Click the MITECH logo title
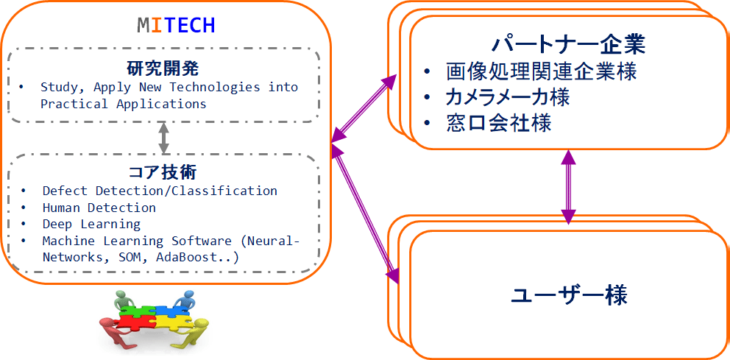(x=176, y=26)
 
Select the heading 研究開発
(x=163, y=69)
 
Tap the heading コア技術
(x=163, y=173)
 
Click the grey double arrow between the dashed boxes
(x=163, y=138)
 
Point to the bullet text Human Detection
(x=99, y=208)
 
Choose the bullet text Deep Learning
(x=91, y=224)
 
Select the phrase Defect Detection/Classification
(x=160, y=191)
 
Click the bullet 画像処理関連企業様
(x=541, y=72)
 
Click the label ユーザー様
(x=569, y=294)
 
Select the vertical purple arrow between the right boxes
(x=568, y=187)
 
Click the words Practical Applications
(x=124, y=104)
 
